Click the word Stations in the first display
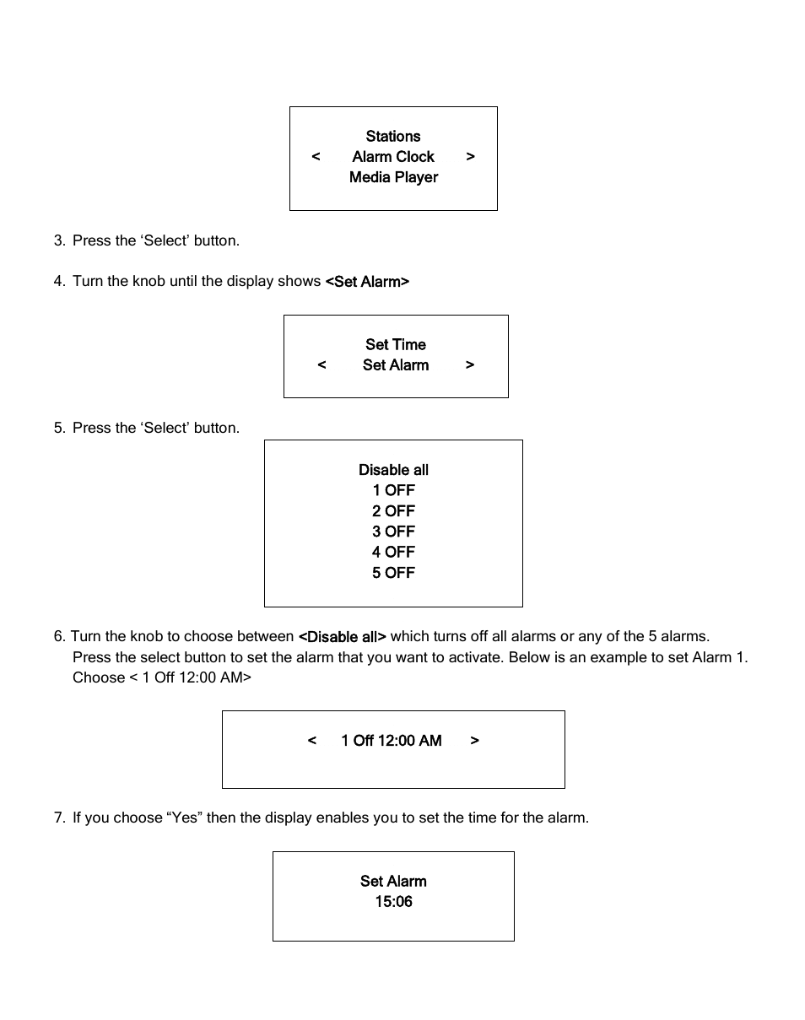pos(393,137)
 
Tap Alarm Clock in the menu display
pos(393,157)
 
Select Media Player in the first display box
pos(393,177)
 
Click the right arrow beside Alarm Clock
pos(471,157)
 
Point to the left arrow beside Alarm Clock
pos(316,157)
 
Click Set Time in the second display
pos(396,345)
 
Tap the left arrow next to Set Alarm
pos(321,365)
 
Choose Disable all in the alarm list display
pos(393,470)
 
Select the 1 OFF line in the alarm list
pos(393,490)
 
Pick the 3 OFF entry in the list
pos(393,532)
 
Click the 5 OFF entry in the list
pos(393,573)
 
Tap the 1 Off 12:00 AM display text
pos(392,741)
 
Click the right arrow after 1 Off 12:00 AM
pos(475,741)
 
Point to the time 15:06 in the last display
pos(393,902)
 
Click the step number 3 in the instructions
pos(58,241)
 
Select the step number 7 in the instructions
pos(58,818)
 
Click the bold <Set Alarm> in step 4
pos(367,282)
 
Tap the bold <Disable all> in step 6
pos(343,637)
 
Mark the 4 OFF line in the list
pos(393,552)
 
